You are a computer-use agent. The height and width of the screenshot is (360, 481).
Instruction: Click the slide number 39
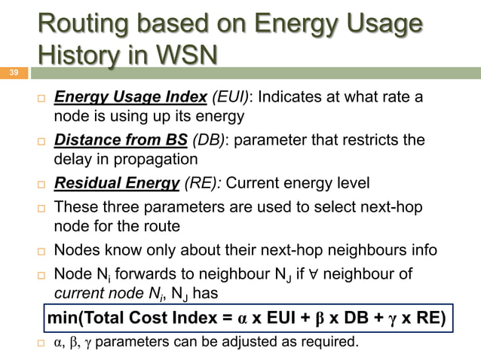coord(13,74)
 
